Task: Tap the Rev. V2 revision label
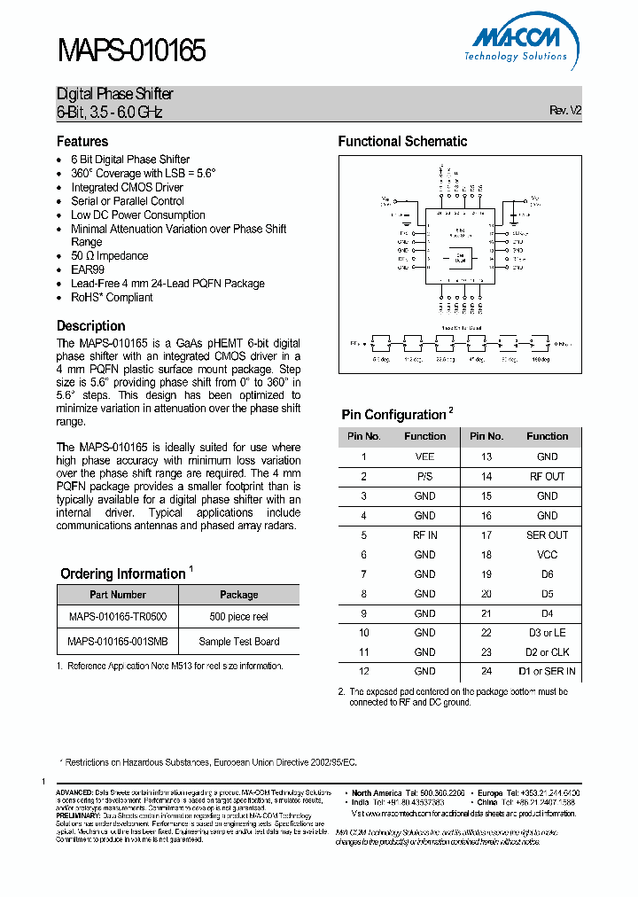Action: [x=565, y=111]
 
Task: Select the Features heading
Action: [x=82, y=142]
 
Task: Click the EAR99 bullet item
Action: [x=87, y=269]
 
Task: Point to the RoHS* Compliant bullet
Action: [x=112, y=298]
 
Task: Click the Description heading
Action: [x=91, y=325]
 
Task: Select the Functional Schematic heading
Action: [x=402, y=142]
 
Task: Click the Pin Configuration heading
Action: [x=393, y=415]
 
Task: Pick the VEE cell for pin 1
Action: [x=424, y=456]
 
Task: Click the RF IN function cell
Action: [x=424, y=534]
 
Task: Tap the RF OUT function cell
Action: [x=547, y=476]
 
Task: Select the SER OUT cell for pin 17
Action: [x=547, y=534]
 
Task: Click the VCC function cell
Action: [x=547, y=554]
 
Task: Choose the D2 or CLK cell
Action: [x=547, y=651]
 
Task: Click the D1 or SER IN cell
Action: [x=547, y=671]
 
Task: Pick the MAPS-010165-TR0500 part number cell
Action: [x=117, y=616]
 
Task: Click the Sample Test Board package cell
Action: [x=238, y=641]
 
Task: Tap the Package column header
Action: [x=238, y=594]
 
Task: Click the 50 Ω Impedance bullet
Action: [x=110, y=256]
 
